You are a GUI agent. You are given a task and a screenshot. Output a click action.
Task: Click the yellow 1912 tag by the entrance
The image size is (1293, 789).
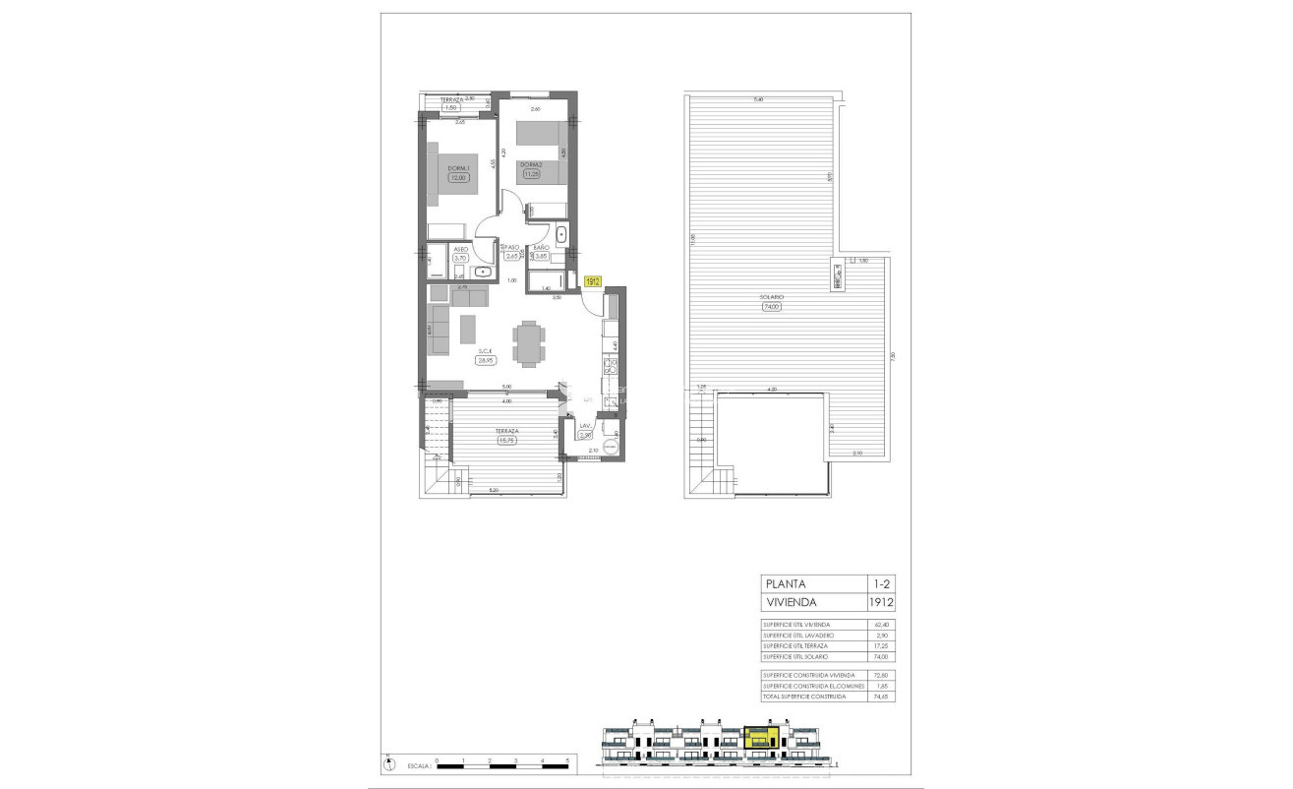tap(593, 281)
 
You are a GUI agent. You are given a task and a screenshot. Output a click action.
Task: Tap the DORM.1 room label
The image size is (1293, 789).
tap(458, 168)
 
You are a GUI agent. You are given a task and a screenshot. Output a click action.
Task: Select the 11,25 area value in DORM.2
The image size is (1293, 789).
tap(532, 174)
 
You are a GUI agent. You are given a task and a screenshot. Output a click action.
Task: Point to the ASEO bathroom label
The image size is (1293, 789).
tap(459, 249)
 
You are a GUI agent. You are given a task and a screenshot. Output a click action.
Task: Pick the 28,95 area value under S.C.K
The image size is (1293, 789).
tap(485, 360)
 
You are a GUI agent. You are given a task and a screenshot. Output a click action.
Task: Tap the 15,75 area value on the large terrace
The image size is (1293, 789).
tap(507, 440)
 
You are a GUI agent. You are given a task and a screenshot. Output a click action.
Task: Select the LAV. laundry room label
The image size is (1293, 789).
tap(584, 425)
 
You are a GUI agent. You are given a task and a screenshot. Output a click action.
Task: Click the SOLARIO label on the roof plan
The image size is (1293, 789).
tap(770, 296)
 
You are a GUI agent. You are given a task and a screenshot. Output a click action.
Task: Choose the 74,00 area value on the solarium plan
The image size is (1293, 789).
tap(771, 306)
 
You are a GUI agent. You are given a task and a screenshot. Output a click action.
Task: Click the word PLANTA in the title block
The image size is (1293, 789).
tap(784, 584)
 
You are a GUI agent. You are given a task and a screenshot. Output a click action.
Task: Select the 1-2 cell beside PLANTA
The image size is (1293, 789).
tap(880, 584)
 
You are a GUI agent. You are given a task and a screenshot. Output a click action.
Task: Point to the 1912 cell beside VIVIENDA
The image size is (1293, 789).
tap(880, 603)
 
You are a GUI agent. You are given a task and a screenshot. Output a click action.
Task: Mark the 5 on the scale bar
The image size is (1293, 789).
tap(568, 760)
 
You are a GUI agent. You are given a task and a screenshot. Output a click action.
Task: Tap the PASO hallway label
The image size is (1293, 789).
tap(510, 248)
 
